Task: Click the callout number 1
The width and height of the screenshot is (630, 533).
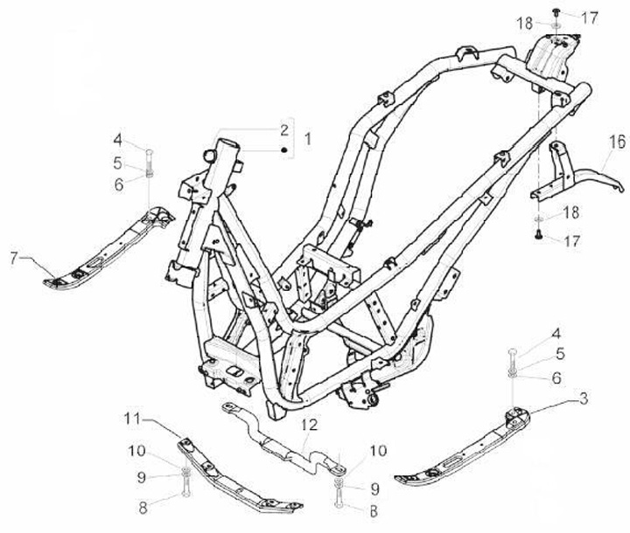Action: click(x=307, y=139)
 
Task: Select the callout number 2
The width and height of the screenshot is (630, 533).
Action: click(x=284, y=129)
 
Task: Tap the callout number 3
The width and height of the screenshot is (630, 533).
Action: click(x=582, y=399)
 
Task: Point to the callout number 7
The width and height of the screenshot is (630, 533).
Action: click(x=13, y=257)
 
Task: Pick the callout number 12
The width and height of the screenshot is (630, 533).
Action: click(x=306, y=426)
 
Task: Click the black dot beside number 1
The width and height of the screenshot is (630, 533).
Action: click(x=284, y=150)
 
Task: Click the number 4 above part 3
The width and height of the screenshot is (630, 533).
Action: click(x=556, y=333)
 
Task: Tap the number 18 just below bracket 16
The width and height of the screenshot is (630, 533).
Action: click(x=570, y=213)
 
